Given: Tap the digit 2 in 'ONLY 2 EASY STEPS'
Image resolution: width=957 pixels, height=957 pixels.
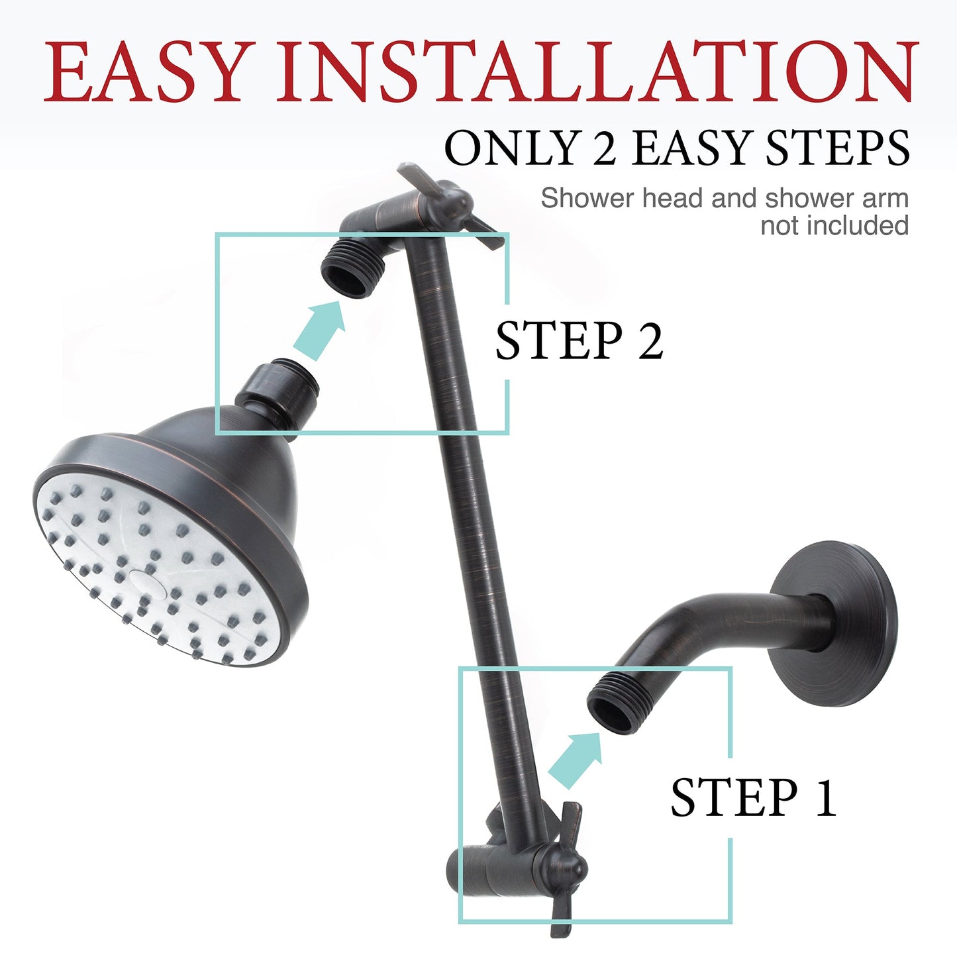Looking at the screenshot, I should coord(604,148).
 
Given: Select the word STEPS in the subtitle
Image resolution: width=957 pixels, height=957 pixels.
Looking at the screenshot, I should coord(837,148).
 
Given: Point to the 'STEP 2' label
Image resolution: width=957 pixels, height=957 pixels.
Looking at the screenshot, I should coord(579,341).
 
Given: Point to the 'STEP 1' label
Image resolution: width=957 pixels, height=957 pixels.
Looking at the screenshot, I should coord(753,797).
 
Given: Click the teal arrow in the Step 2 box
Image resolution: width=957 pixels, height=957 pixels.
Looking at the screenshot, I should coord(321,329).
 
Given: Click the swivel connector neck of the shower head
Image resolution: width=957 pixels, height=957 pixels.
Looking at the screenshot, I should coord(278,391).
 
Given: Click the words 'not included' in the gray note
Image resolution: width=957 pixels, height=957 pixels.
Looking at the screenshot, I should coord(834,226).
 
